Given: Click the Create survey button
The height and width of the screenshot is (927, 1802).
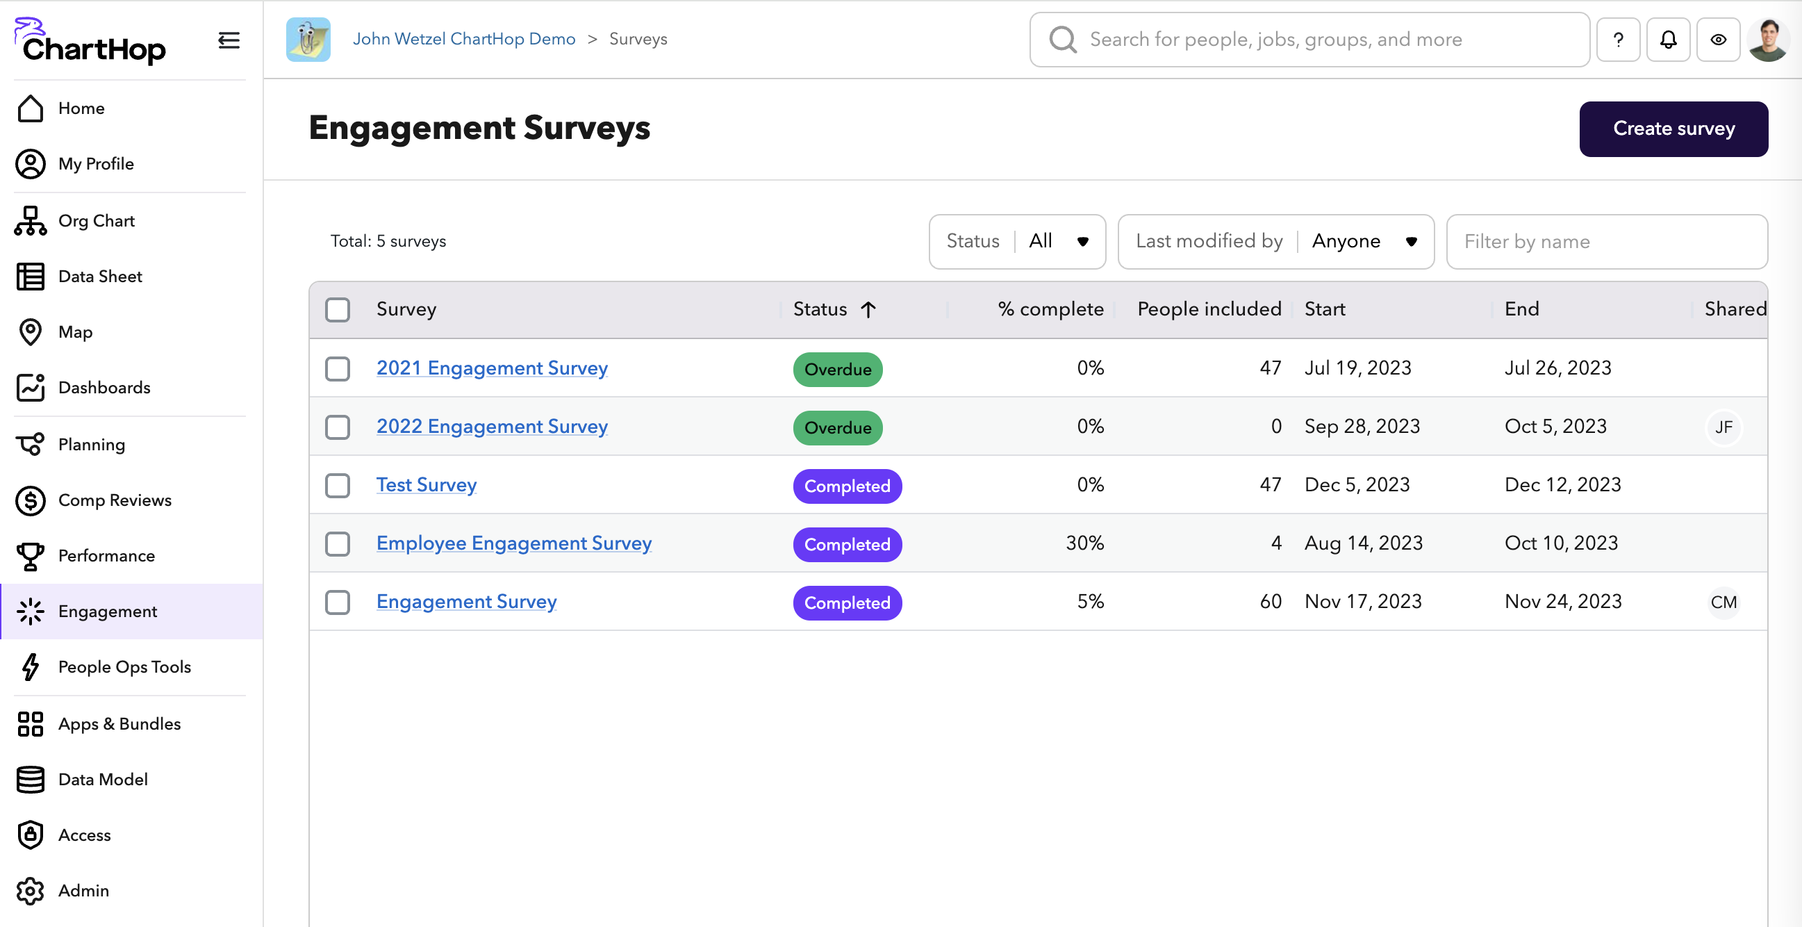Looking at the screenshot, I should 1673,129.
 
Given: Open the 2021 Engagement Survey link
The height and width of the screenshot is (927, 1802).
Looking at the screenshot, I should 492,368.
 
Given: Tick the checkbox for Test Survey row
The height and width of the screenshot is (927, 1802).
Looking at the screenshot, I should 337,486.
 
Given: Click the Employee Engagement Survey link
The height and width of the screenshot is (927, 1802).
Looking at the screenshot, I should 513,543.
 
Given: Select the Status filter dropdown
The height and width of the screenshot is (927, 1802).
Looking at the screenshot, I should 1016,241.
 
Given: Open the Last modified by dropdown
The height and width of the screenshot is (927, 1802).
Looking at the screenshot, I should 1275,241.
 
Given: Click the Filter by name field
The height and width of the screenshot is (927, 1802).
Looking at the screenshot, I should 1606,241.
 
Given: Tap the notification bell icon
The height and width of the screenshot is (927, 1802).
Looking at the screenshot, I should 1668,40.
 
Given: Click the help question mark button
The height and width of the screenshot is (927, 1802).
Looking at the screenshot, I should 1617,40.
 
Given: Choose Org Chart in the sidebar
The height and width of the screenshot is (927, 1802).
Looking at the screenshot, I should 97,221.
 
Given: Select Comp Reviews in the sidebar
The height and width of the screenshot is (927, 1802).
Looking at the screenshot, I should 115,500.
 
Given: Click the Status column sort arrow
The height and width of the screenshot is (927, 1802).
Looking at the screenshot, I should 868,309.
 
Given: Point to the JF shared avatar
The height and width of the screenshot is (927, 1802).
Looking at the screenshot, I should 1723,427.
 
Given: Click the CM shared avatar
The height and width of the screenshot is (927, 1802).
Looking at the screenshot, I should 1723,602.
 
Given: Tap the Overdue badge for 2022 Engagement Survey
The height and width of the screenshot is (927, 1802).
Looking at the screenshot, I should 837,427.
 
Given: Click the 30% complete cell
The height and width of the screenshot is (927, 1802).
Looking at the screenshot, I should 1084,543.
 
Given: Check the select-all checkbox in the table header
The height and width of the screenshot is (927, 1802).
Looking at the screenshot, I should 337,309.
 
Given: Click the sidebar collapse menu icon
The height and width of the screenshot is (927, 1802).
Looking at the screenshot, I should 229,40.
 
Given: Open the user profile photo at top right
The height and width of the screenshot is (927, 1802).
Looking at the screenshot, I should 1768,40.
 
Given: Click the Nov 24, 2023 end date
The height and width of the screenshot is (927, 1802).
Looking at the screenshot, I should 1563,602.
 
